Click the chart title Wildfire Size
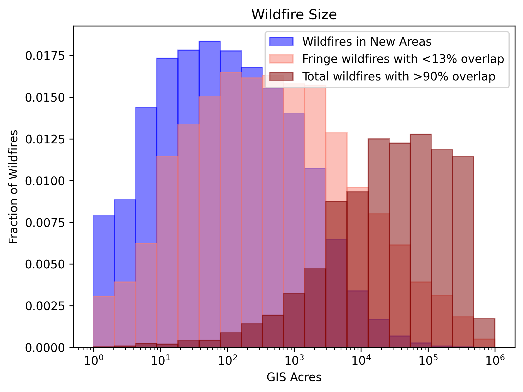point(294,14)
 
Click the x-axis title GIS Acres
point(294,378)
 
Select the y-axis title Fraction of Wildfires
point(13,187)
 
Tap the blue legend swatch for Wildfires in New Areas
point(281,41)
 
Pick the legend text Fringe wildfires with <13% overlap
point(403,59)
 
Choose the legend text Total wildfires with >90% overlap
point(399,76)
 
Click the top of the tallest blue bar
point(210,42)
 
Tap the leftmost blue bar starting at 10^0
point(104,251)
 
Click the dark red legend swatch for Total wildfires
point(281,76)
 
